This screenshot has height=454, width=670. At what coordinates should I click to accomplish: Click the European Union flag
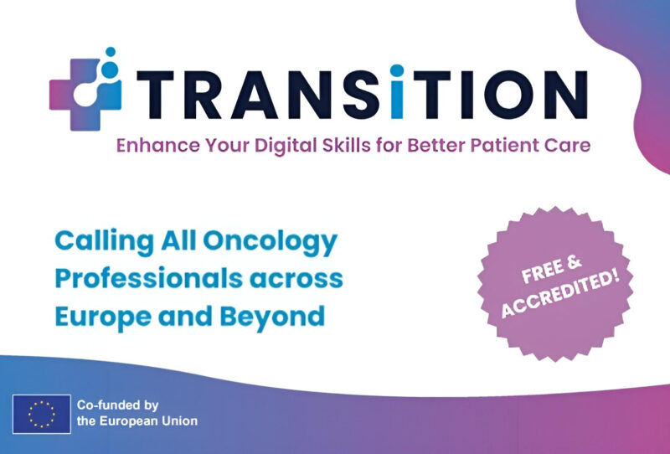pos(41,413)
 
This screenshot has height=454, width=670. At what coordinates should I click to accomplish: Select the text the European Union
pos(137,420)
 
